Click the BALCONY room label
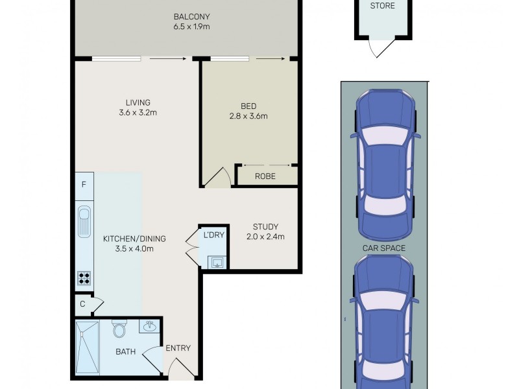tap(191, 16)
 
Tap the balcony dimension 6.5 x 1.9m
tap(191, 27)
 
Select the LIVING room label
tap(138, 102)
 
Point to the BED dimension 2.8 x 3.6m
tap(248, 117)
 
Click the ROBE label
tap(265, 176)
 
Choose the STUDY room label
tap(265, 227)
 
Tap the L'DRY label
tap(213, 235)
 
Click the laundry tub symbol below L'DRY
tap(216, 261)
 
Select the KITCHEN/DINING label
tap(134, 239)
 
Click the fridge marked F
tap(84, 184)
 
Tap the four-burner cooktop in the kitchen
tap(84, 278)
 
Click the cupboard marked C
tap(82, 303)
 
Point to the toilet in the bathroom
tap(119, 329)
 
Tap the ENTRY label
tap(178, 348)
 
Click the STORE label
tap(381, 6)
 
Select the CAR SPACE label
tap(384, 248)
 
